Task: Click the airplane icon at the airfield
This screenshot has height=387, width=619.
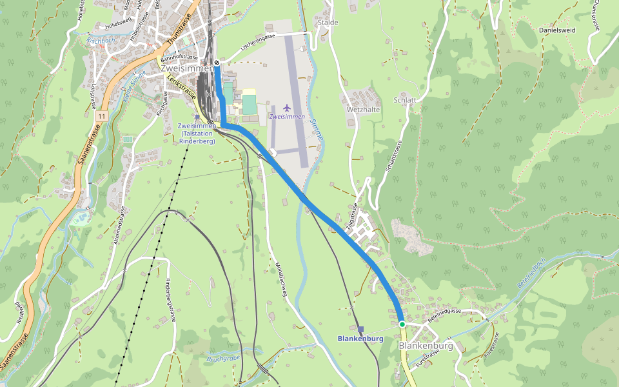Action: pyautogui.click(x=287, y=108)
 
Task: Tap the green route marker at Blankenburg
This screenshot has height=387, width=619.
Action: pyautogui.click(x=402, y=324)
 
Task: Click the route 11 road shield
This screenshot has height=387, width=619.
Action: pyautogui.click(x=103, y=116)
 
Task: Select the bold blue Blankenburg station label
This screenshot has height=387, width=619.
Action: pyautogui.click(x=360, y=339)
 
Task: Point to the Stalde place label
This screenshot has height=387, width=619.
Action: pyautogui.click(x=328, y=23)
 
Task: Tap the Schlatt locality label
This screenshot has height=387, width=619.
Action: pyautogui.click(x=404, y=100)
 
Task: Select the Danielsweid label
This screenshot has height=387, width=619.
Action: pyautogui.click(x=557, y=30)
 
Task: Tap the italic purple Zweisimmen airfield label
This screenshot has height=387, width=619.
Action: pyautogui.click(x=287, y=117)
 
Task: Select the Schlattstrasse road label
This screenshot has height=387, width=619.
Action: pyautogui.click(x=393, y=164)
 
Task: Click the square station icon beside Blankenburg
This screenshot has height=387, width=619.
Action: pyautogui.click(x=360, y=329)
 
